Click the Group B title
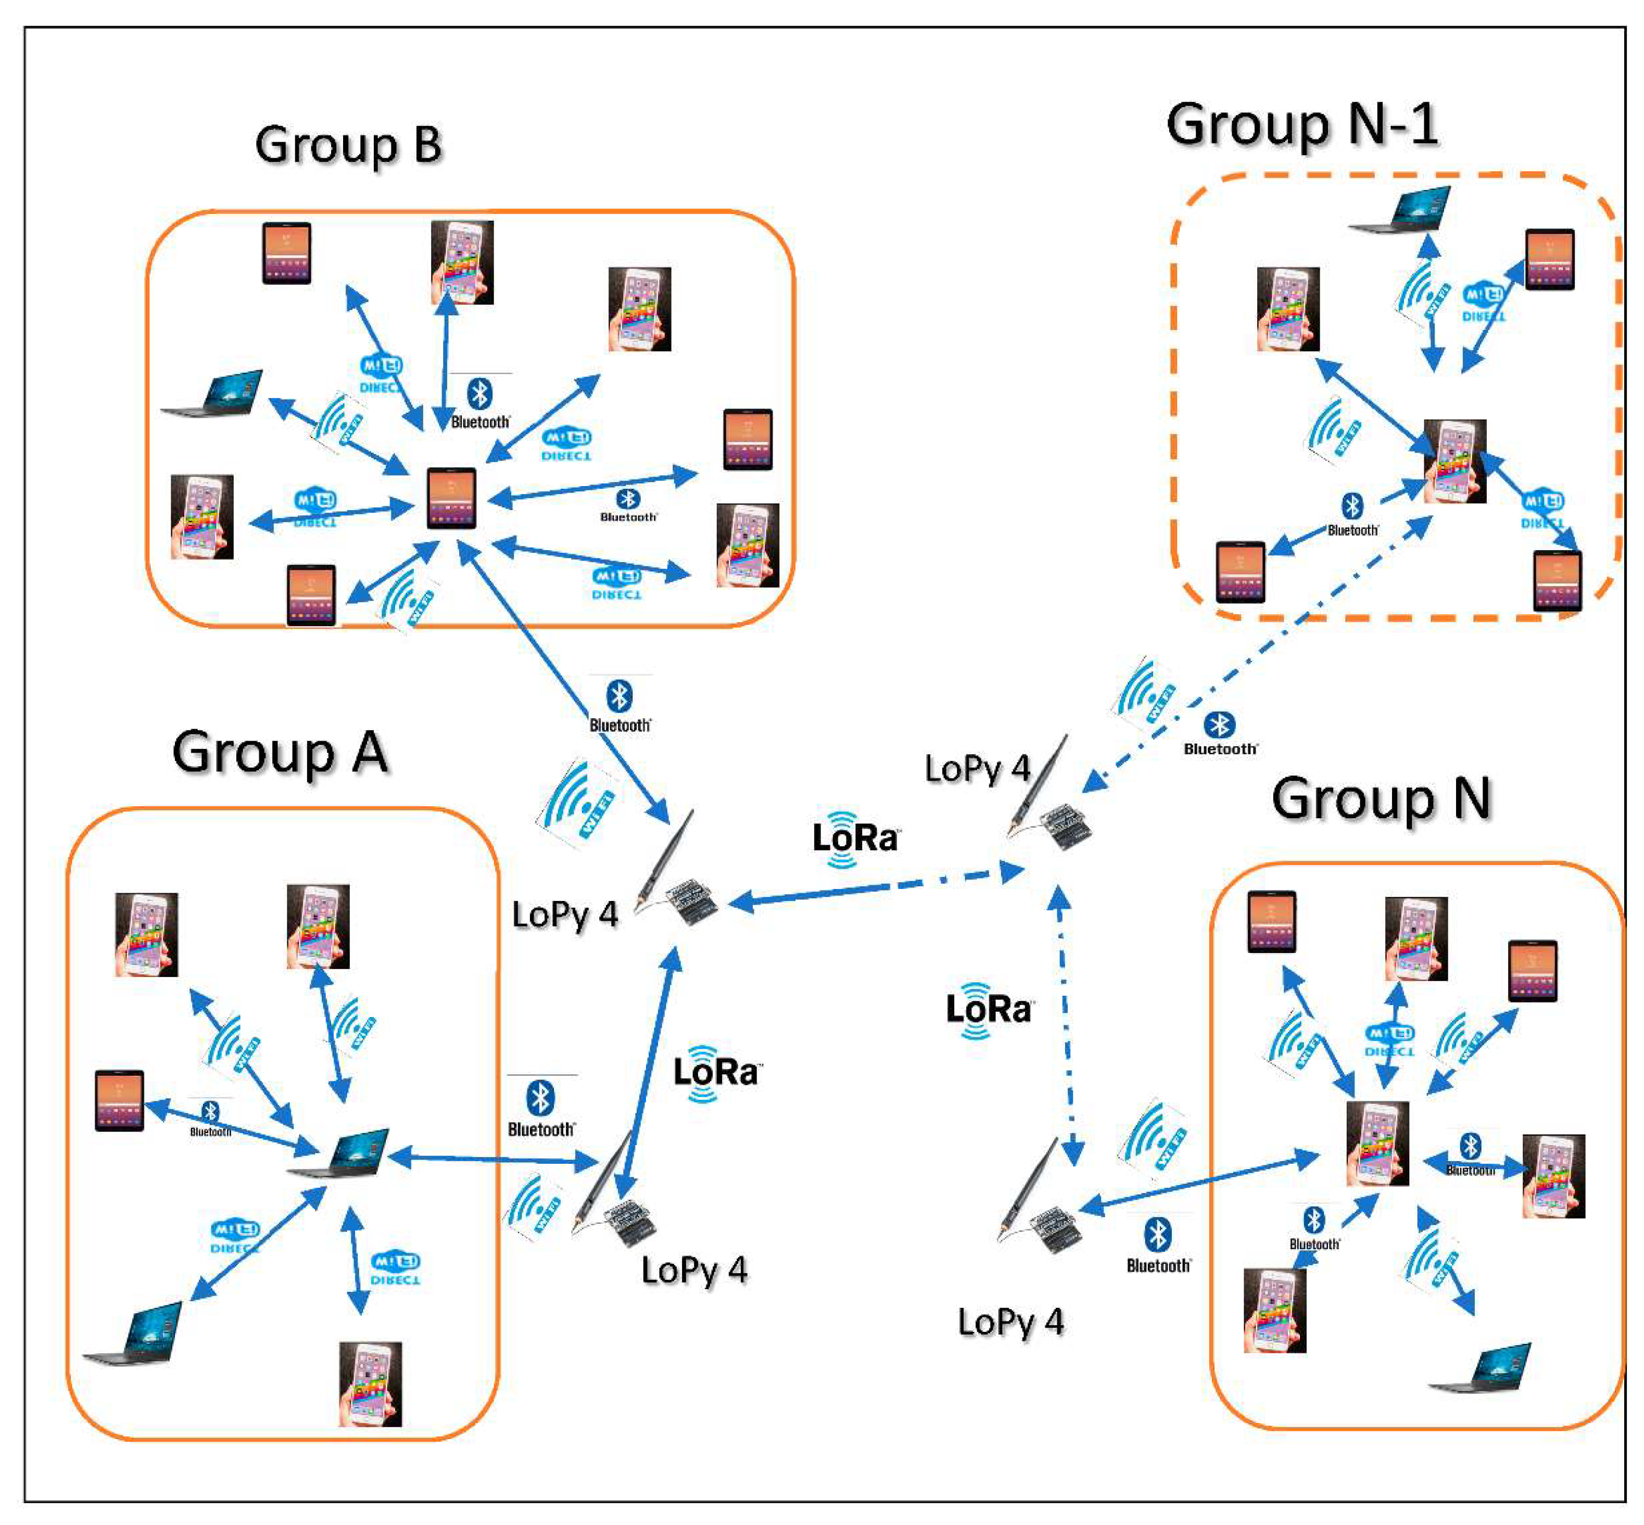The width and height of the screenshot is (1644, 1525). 348,145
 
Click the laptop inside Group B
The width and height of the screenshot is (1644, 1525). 213,395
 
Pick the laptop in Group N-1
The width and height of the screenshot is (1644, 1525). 1400,210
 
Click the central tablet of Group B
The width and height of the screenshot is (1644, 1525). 451,498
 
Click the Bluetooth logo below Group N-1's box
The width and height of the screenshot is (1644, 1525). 1220,732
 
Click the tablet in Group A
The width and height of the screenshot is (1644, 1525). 120,1100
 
